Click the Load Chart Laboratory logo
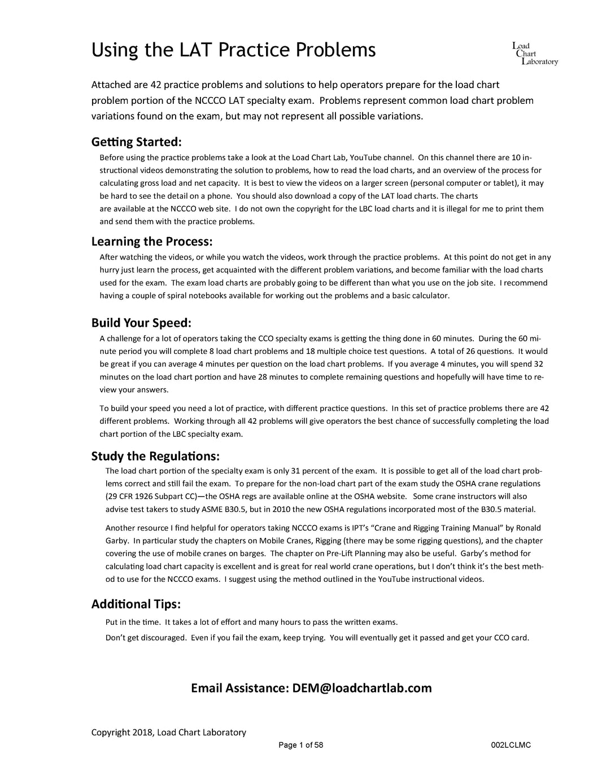coord(535,54)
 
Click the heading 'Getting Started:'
coord(136,141)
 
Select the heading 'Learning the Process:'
coord(152,242)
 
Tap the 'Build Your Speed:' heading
coord(141,323)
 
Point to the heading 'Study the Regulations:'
coord(155,455)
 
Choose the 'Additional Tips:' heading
coord(136,604)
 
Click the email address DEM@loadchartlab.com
coord(362,688)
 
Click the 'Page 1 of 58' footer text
coord(300,745)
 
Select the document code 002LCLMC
coord(511,745)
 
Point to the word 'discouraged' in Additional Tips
coord(164,638)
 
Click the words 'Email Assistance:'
coord(239,688)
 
